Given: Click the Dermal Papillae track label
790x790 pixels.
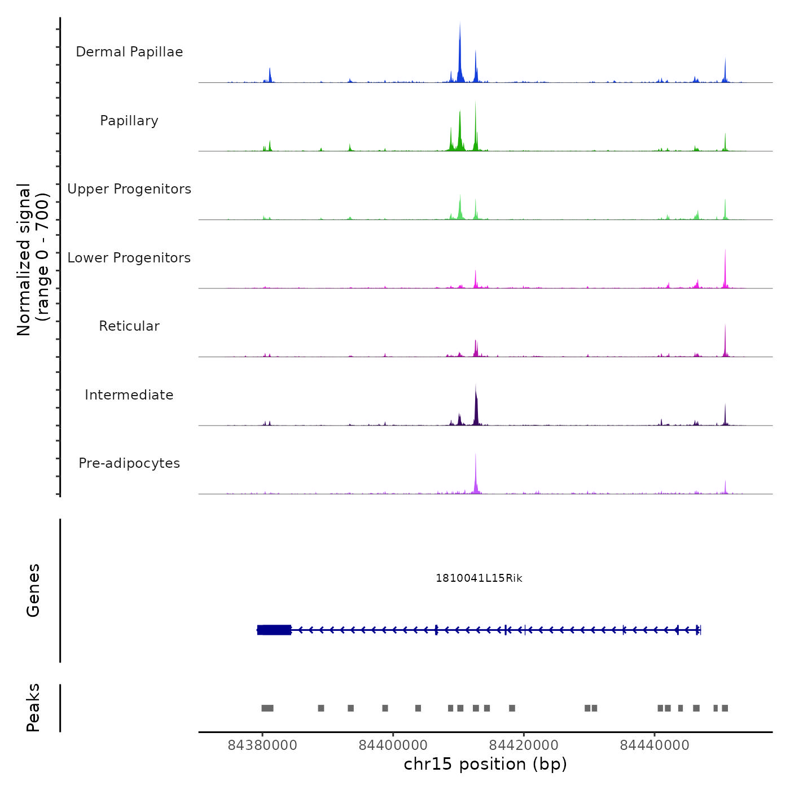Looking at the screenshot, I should pos(129,52).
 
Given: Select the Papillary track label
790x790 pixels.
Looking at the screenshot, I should pos(129,121).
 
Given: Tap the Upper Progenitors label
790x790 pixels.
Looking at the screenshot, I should pos(129,189).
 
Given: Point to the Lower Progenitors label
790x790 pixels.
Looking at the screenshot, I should pos(129,258).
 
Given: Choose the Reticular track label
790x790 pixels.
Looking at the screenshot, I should pos(129,326).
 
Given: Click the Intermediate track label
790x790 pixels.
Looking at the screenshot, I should pos(129,395).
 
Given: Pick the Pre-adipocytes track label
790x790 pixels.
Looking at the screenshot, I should pos(129,463).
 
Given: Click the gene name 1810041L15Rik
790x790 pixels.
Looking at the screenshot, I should pos(479,578).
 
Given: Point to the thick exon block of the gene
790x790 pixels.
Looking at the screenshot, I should pos(274,630).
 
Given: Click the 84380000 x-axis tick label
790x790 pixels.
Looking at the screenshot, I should pos(262,745).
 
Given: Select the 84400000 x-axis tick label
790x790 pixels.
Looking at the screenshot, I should pos(393,745).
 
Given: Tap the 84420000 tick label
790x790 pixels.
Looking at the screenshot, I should pos(524,745).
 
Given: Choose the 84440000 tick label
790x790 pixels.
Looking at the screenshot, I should pos(655,745).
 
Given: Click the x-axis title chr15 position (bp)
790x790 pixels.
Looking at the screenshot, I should pos(485,764).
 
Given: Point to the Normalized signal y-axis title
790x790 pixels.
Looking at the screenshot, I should pos(33,260).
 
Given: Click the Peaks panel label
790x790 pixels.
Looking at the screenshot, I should pos(33,708).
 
